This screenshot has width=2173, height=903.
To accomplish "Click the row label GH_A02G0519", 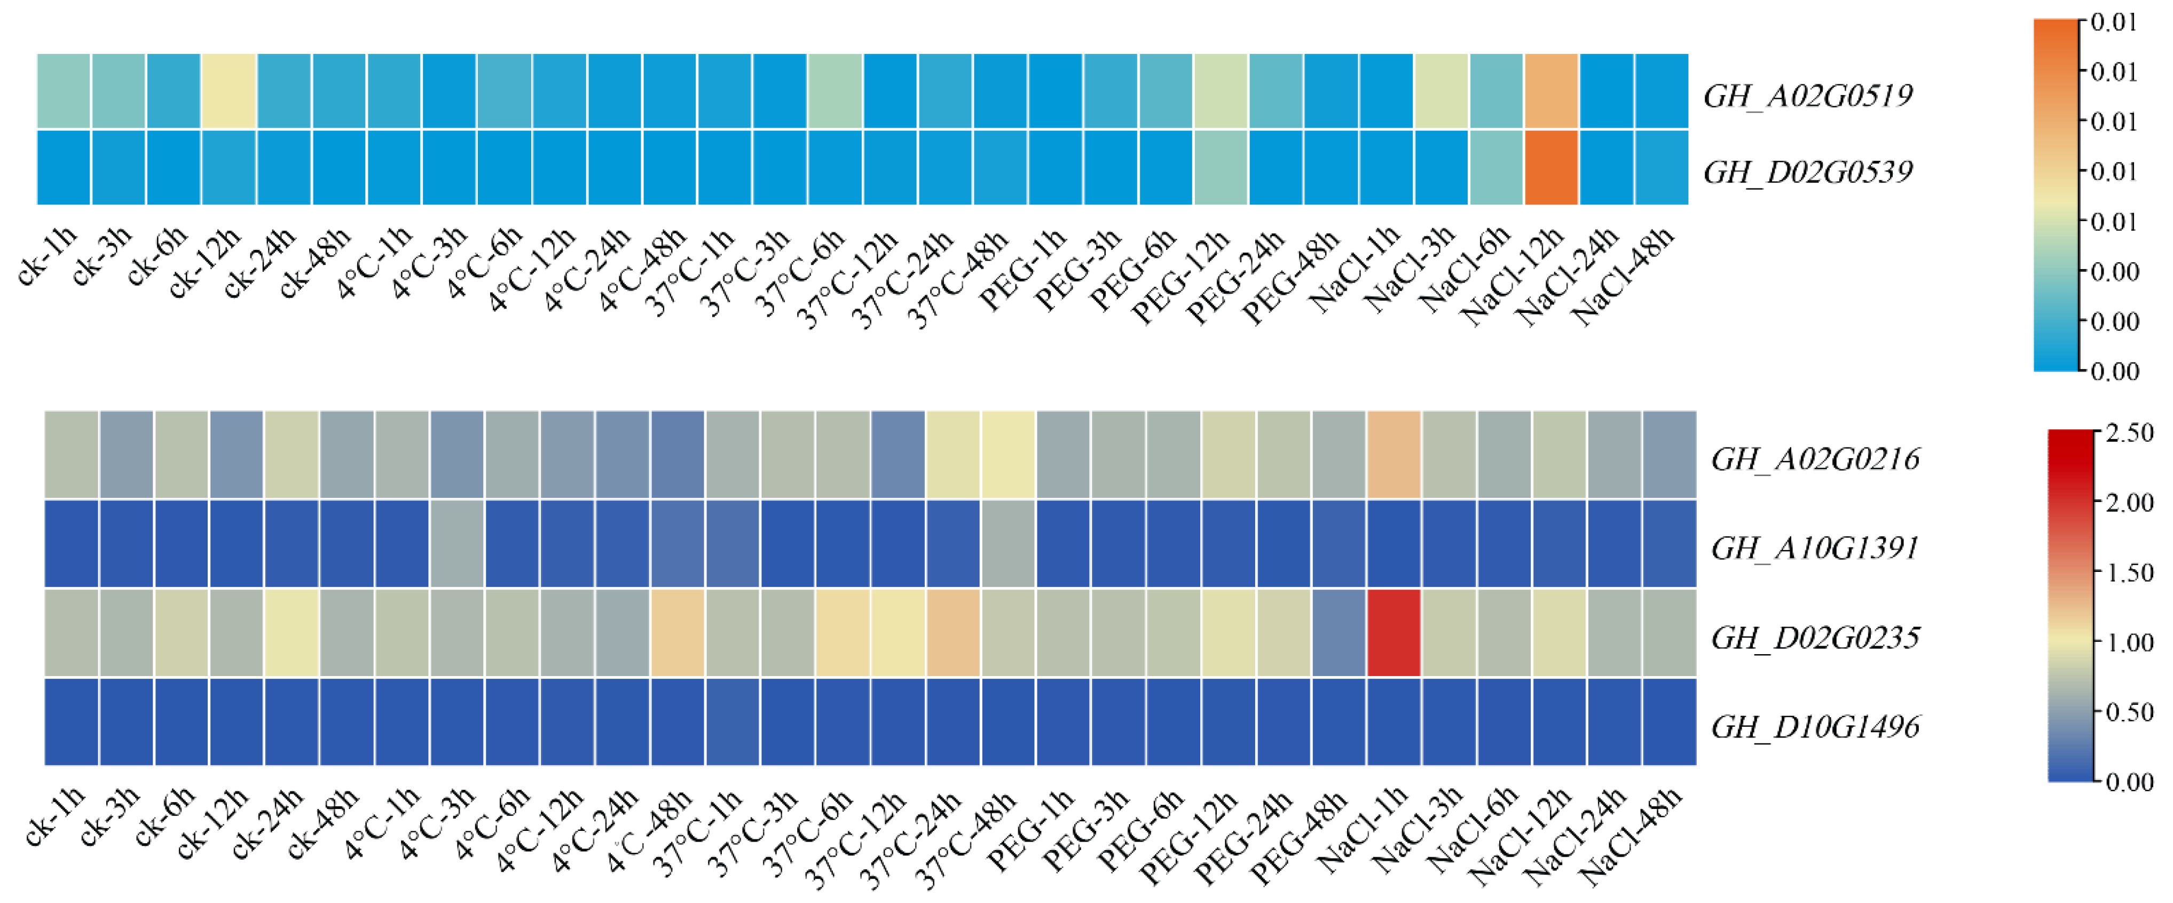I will click(x=1808, y=96).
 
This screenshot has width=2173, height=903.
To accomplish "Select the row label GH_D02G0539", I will click(x=1808, y=172).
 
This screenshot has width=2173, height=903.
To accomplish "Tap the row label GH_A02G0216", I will click(x=1815, y=459).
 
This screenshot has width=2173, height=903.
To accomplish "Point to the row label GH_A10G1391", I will click(x=1815, y=548).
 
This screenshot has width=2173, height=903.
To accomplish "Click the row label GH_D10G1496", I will click(x=1815, y=727).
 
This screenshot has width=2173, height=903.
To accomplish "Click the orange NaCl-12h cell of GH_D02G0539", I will click(x=1552, y=167).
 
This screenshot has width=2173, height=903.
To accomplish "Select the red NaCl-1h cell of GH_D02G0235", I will click(x=1393, y=633).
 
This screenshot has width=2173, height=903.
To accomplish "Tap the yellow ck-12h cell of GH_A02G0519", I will click(x=229, y=91).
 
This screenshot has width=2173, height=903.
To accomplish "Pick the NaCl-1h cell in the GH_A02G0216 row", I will click(x=1393, y=455).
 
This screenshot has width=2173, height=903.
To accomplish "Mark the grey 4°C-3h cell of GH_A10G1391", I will click(x=457, y=544).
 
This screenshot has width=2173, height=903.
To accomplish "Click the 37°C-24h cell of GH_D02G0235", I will click(x=953, y=633).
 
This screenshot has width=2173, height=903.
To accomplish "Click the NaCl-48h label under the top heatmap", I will click(x=1623, y=277).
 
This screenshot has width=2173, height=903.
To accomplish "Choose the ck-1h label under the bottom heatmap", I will click(x=56, y=817).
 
